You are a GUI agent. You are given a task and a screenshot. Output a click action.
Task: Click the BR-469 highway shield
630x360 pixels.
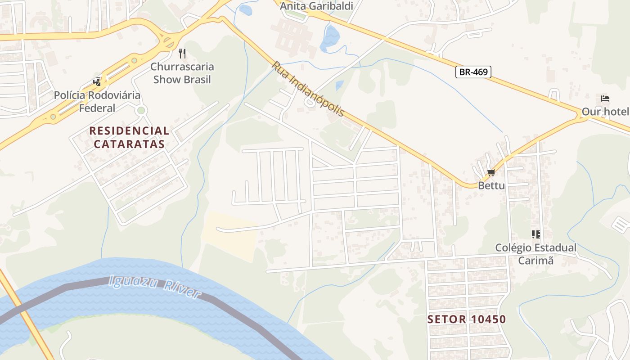pos(473,72)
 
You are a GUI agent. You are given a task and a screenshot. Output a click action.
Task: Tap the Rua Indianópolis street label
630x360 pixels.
pos(308,89)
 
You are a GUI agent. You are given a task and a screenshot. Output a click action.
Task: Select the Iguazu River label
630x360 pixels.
pos(154,287)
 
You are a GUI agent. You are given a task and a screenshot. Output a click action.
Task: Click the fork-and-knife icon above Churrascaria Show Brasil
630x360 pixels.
pos(182,54)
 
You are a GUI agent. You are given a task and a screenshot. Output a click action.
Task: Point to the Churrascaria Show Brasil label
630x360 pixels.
pos(182,73)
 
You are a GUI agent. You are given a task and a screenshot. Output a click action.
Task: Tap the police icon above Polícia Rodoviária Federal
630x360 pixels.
pos(97,82)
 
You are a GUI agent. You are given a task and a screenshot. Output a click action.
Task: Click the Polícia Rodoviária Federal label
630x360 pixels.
pos(97,102)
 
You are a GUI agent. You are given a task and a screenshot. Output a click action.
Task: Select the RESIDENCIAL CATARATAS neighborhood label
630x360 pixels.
pos(129,137)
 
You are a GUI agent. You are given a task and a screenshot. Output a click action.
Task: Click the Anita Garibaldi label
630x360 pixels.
pos(316,6)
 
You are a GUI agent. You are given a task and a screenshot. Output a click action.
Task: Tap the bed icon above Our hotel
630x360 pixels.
pos(605,99)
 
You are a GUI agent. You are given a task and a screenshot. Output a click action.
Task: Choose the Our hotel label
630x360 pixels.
pos(605,112)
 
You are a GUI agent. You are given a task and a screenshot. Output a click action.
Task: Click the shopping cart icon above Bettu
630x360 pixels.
pos(491,173)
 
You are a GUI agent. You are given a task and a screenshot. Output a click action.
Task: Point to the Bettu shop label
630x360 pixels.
pos(491,185)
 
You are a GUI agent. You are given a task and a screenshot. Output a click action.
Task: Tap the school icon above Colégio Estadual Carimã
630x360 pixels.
pos(535,234)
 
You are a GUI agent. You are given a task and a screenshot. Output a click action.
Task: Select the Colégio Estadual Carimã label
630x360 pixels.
pos(535,254)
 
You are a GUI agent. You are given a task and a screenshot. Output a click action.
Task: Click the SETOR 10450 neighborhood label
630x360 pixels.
pos(467,319)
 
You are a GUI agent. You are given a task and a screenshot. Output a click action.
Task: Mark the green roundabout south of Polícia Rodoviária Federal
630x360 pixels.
pos(141,110)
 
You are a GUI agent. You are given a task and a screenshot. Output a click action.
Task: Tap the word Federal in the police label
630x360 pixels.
pos(97,108)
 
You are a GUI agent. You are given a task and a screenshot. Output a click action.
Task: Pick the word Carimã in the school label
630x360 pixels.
pos(535,261)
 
